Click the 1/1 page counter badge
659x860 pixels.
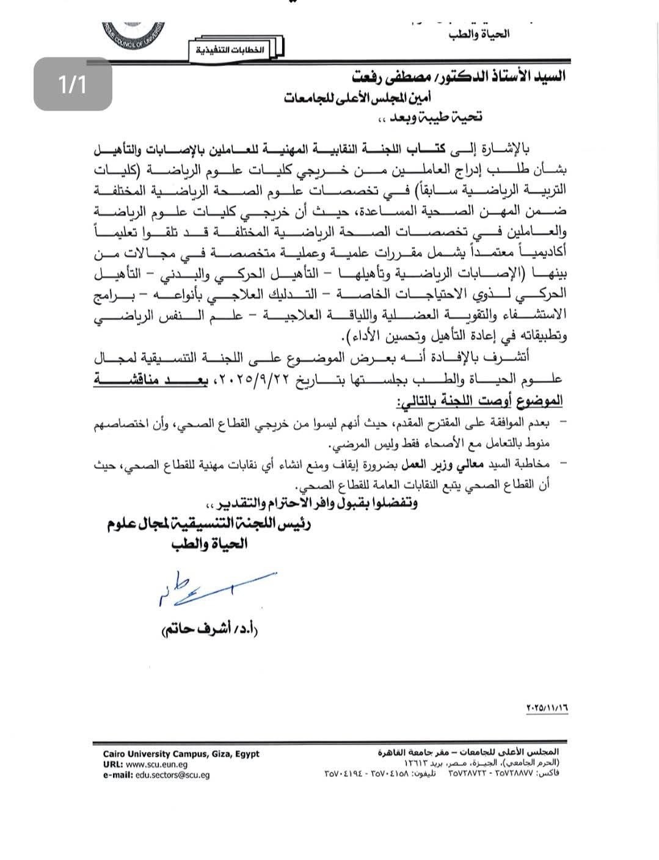coord(73,84)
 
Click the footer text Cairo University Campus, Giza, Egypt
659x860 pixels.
coord(181,754)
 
